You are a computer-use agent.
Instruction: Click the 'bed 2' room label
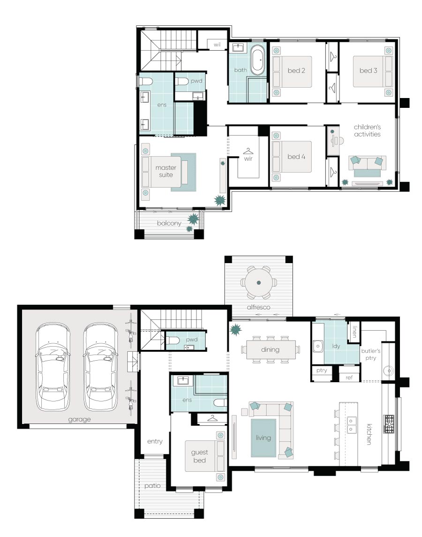pyautogui.click(x=296, y=70)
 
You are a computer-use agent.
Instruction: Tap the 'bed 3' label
pyautogui.click(x=368, y=70)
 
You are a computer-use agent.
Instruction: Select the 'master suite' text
pyautogui.click(x=166, y=171)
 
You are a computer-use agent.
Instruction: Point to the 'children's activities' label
pyautogui.click(x=367, y=130)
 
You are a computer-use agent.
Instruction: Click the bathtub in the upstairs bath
pyautogui.click(x=257, y=61)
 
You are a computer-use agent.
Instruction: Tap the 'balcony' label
pyautogui.click(x=169, y=223)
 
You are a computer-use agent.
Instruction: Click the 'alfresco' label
pyautogui.click(x=259, y=307)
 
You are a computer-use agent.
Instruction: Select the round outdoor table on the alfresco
pyautogui.click(x=259, y=282)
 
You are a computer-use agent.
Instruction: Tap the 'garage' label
pyautogui.click(x=79, y=419)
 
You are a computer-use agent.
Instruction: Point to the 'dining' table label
pyautogui.click(x=270, y=350)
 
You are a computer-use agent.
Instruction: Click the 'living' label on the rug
pyautogui.click(x=263, y=438)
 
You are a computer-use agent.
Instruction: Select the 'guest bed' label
pyautogui.click(x=199, y=456)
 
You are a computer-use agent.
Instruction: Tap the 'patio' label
pyautogui.click(x=152, y=485)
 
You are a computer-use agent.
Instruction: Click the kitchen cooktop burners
pyautogui.click(x=389, y=424)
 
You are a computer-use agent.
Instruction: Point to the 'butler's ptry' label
pyautogui.click(x=370, y=355)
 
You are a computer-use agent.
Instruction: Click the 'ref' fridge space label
pyautogui.click(x=349, y=378)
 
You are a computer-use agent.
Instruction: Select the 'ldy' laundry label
pyautogui.click(x=336, y=346)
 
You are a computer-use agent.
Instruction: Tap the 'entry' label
pyautogui.click(x=155, y=441)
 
